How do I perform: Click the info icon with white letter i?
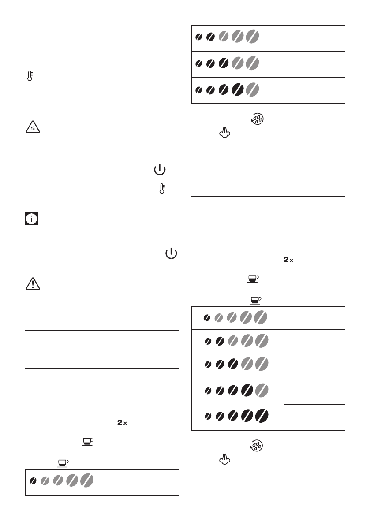pos(31,219)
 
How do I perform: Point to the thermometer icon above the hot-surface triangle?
pos(30,76)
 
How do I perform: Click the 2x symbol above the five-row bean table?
pos(288,261)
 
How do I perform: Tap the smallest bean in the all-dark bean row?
pos(206,417)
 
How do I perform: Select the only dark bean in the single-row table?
pos(33,481)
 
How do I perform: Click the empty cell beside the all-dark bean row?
pos(315,417)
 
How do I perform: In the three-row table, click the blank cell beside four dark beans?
pos(305,90)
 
